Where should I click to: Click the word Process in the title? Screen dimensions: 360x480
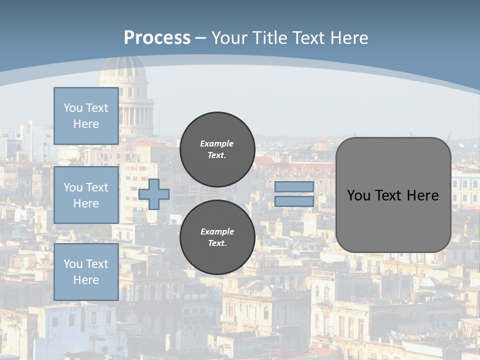click(157, 38)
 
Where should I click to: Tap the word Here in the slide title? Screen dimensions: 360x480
click(347, 38)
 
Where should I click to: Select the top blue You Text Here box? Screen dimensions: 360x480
click(86, 116)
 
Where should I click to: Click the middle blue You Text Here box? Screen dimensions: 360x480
click(86, 195)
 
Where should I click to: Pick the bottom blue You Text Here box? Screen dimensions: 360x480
click(86, 272)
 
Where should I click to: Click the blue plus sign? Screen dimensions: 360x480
click(154, 194)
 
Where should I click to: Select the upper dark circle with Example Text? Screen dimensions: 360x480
click(217, 149)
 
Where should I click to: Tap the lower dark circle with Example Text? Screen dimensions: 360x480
click(217, 237)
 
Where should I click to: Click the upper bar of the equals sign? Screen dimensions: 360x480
click(294, 186)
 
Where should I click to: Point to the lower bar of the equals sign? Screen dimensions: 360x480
click(294, 201)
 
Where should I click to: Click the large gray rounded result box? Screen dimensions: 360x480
click(393, 220)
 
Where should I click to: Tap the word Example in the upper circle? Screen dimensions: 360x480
click(216, 143)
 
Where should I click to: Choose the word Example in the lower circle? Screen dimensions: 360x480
click(217, 231)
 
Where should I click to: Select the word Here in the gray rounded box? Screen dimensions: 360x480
click(422, 195)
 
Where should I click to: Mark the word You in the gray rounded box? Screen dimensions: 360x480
click(358, 195)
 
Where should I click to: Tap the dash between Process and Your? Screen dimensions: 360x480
click(200, 38)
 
